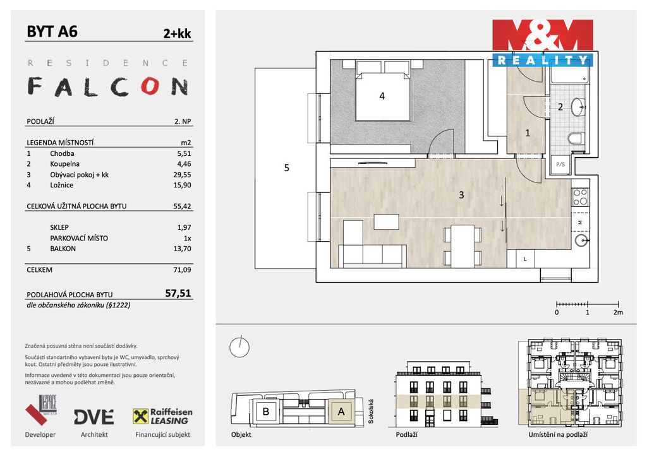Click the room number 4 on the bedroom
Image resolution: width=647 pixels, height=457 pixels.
click(382, 96)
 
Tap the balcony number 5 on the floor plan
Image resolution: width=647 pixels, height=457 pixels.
click(287, 168)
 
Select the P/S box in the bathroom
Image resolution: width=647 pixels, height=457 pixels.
click(560, 164)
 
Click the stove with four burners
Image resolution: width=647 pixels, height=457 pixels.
click(580, 197)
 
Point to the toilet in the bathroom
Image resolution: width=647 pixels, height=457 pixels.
click(575, 138)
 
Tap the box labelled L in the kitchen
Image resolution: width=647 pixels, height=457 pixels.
click(525, 259)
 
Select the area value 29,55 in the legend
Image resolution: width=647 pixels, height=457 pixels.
click(182, 175)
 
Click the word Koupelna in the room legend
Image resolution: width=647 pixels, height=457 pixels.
click(65, 164)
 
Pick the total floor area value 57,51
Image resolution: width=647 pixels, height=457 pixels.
click(178, 293)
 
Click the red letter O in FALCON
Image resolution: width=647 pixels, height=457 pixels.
click(150, 86)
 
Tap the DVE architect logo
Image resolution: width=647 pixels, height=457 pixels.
click(94, 417)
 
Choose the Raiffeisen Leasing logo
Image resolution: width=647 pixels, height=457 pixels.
click(162, 417)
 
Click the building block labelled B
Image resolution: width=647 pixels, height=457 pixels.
click(266, 412)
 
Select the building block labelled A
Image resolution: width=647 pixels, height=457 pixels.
click(341, 412)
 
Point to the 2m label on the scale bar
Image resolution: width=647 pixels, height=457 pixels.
click(618, 312)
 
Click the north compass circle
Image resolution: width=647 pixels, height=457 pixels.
click(239, 347)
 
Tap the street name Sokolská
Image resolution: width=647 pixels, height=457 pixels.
click(371, 412)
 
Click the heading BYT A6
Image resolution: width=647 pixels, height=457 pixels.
click(52, 32)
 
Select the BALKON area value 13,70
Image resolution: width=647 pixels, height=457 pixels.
click(182, 249)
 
